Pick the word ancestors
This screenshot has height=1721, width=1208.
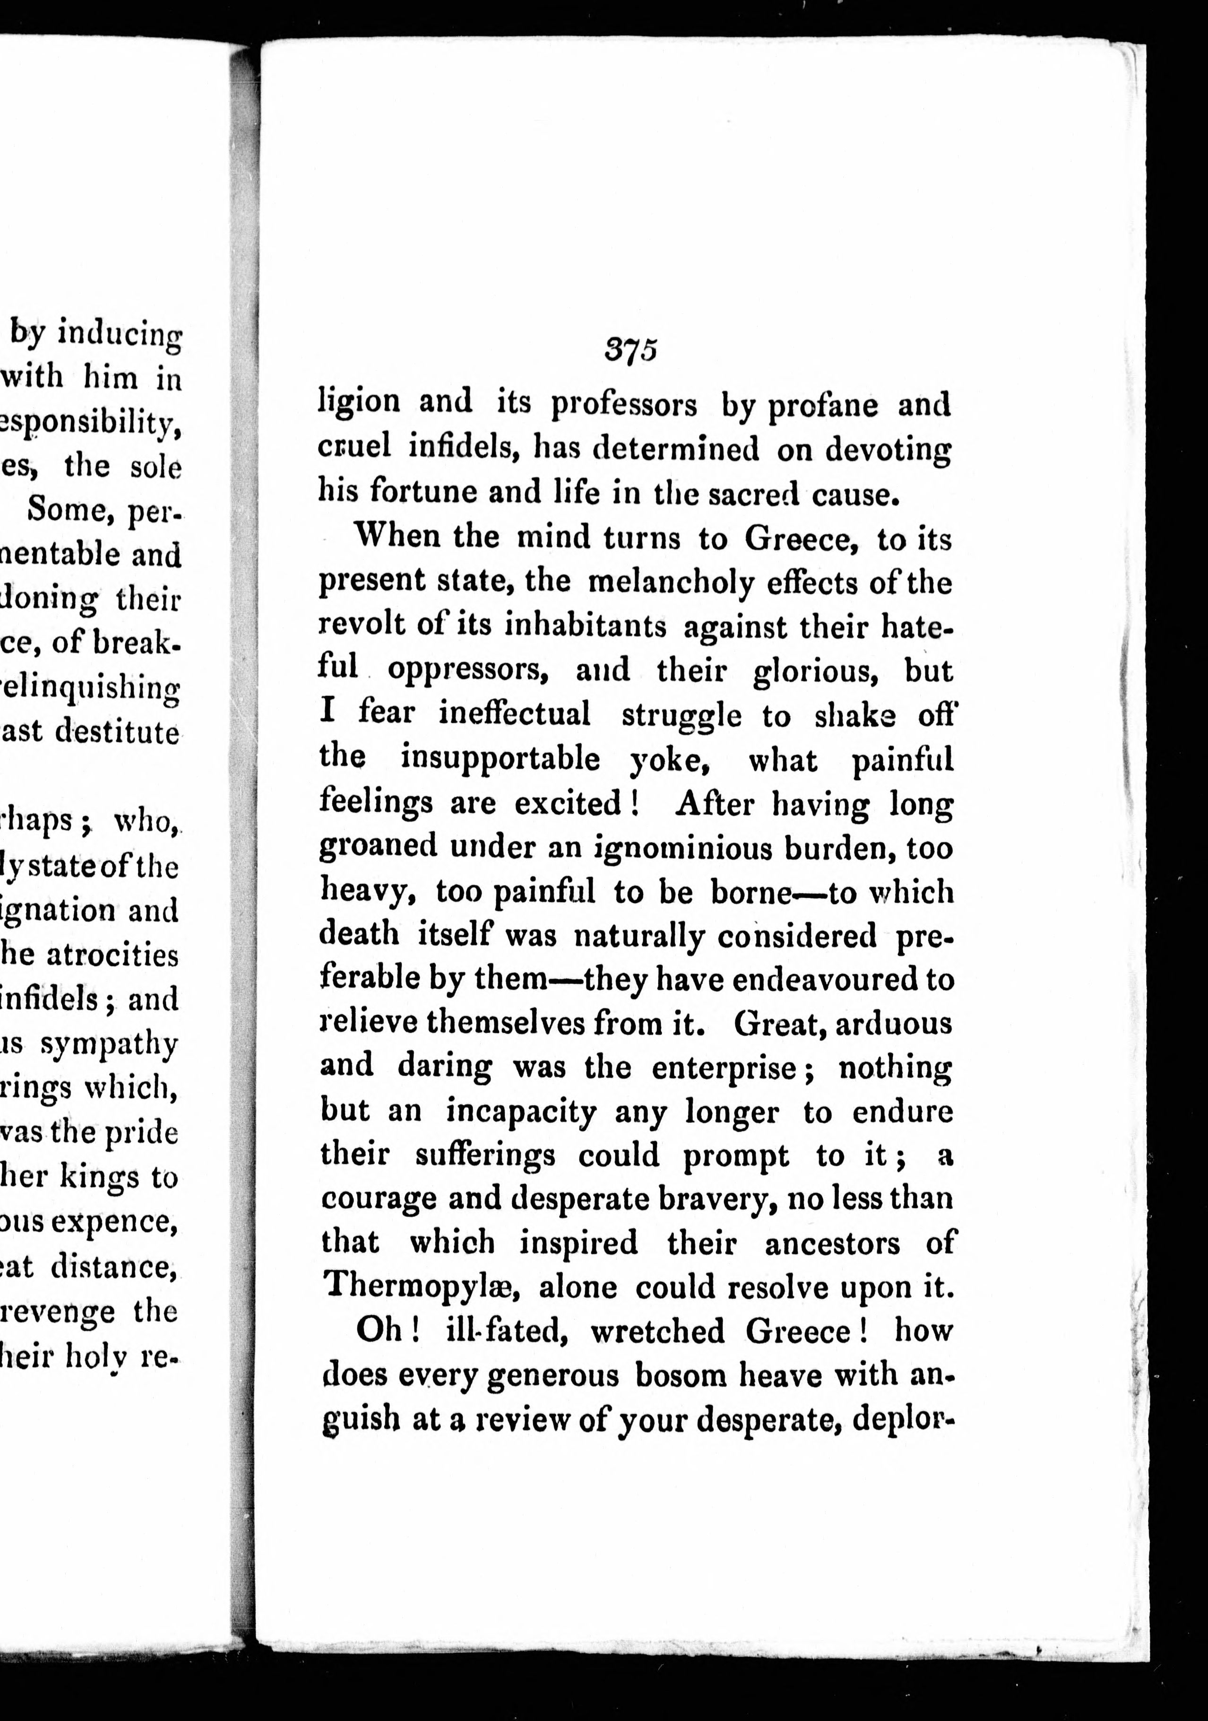pyautogui.click(x=832, y=1243)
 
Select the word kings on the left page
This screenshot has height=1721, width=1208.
pyautogui.click(x=100, y=1178)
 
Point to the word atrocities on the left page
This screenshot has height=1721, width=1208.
pyautogui.click(x=112, y=956)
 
